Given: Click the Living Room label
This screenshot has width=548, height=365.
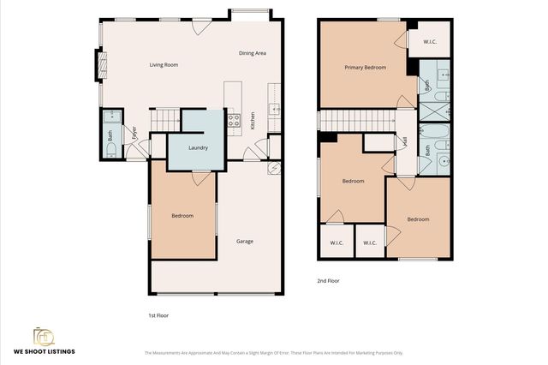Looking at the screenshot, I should point(164,64).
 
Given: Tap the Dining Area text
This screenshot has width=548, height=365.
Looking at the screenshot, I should point(253,53).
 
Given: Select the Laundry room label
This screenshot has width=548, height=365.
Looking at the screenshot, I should point(199,147).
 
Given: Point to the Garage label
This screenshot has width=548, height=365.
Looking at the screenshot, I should point(245,241).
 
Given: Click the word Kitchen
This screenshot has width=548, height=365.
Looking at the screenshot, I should point(252,123).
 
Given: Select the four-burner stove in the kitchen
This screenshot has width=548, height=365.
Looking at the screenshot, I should point(233,120).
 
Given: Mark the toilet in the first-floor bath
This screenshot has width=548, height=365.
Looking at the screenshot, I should point(110,147).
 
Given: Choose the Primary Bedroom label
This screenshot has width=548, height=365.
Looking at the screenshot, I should point(365,68).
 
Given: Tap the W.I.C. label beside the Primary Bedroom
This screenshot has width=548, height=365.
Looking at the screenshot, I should point(431,40).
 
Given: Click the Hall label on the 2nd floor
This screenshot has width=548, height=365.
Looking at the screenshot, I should point(404,141).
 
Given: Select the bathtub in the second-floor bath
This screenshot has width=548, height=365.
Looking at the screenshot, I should point(435,135).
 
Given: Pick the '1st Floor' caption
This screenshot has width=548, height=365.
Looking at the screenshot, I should point(158,315).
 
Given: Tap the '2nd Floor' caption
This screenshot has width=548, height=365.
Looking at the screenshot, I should point(329,280).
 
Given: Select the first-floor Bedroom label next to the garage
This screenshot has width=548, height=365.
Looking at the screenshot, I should point(182,216).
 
